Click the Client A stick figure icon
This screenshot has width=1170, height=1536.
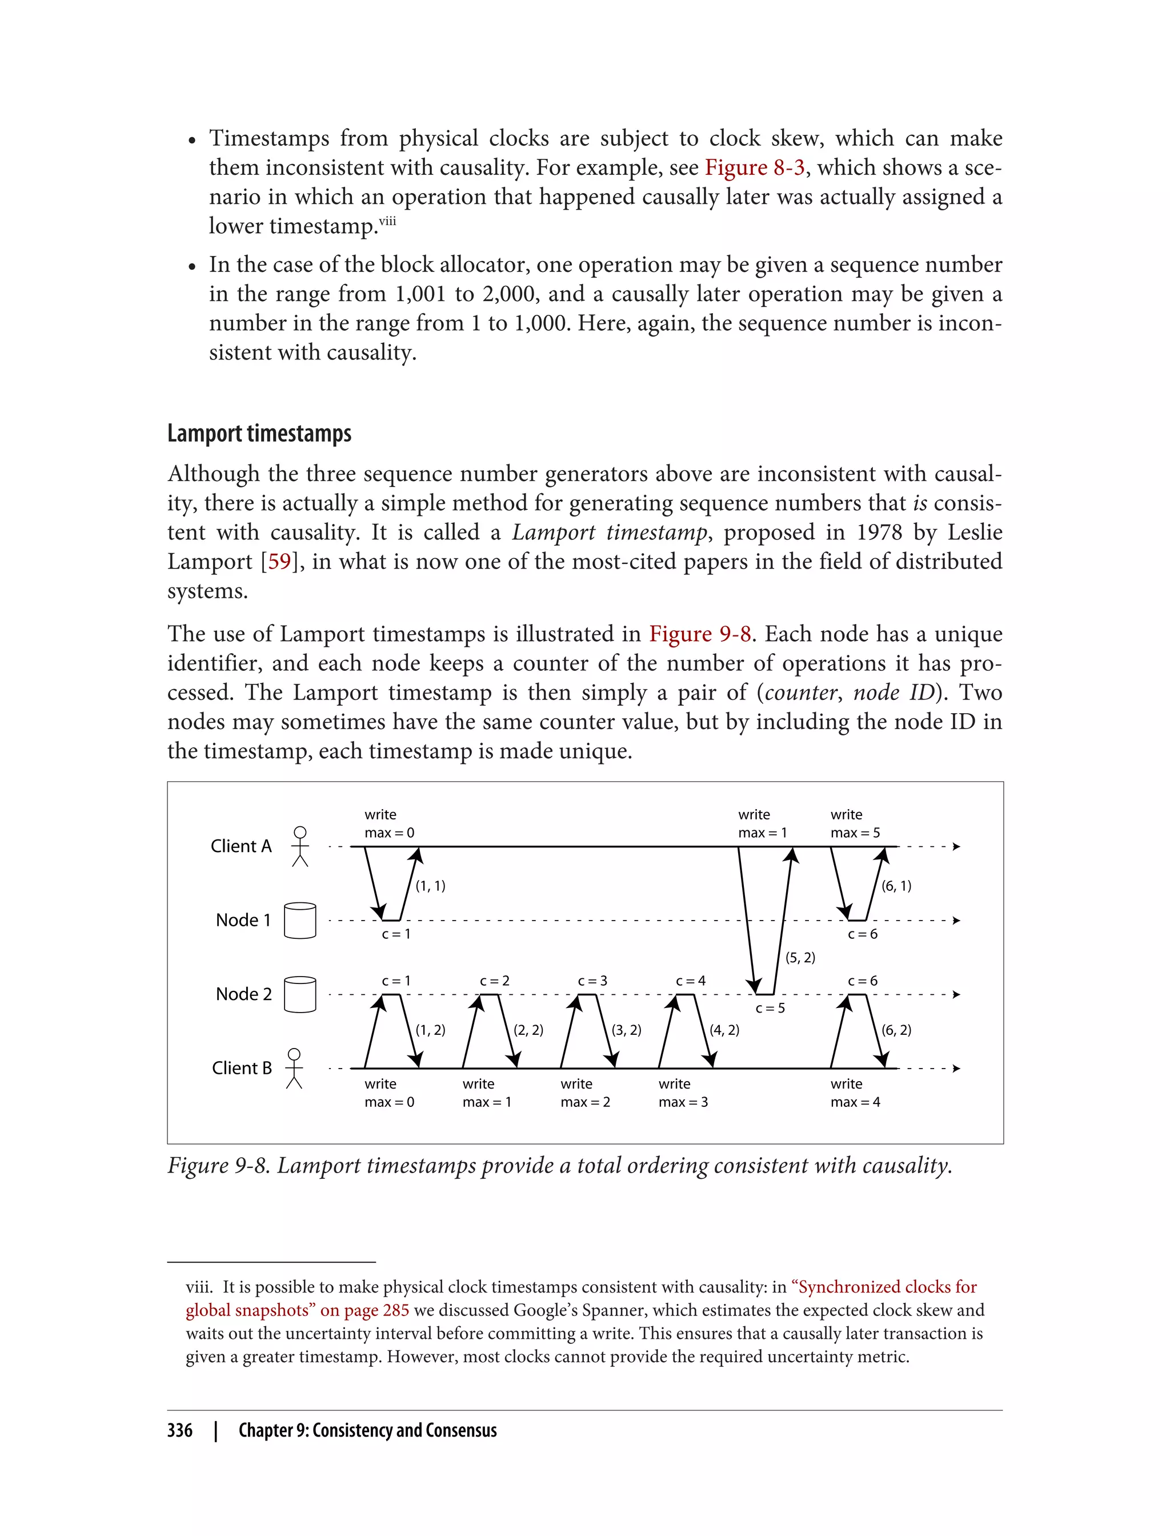(300, 846)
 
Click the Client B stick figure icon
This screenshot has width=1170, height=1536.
(295, 1068)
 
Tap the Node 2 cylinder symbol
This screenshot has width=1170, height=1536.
(300, 994)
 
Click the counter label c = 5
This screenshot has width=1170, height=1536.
(770, 1009)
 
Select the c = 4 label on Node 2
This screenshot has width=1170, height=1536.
(690, 981)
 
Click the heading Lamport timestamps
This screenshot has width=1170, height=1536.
(259, 433)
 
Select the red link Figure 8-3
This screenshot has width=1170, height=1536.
(754, 168)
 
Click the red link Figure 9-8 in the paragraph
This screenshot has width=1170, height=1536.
(700, 634)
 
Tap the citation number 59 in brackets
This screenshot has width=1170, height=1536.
(279, 562)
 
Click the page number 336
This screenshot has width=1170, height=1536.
(180, 1430)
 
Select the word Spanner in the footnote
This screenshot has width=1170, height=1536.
(614, 1310)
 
